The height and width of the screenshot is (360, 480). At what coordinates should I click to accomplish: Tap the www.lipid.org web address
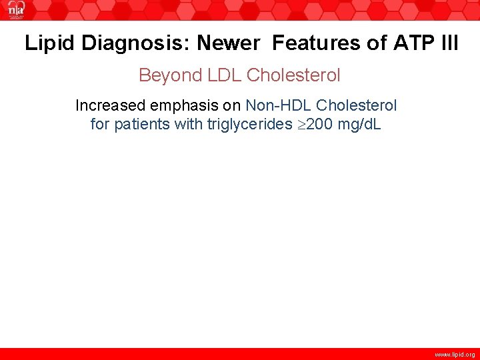pyautogui.click(x=455, y=354)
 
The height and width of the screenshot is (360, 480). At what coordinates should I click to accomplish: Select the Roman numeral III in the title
pyautogui.click(x=449, y=43)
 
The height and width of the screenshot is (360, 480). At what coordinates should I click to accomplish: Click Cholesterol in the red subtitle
pyautogui.click(x=293, y=75)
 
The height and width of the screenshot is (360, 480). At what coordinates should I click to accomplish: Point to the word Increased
pyautogui.click(x=108, y=105)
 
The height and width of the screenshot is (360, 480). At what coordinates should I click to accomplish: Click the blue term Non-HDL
pyautogui.click(x=279, y=105)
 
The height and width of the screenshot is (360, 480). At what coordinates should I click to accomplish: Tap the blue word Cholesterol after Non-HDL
pyautogui.click(x=357, y=105)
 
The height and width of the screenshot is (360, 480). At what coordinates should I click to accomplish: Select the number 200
pyautogui.click(x=321, y=124)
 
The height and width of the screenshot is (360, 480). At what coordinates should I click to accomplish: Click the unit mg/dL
pyautogui.click(x=360, y=124)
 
